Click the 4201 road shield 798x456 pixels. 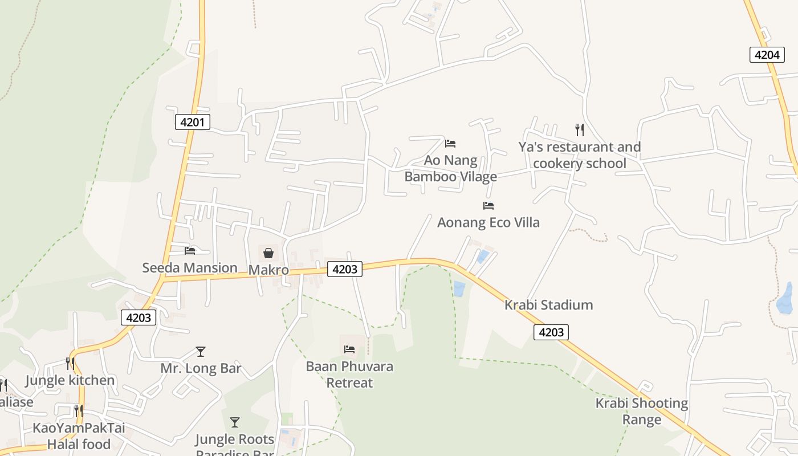192,122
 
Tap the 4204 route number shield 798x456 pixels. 766,55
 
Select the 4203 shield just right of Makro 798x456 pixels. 345,269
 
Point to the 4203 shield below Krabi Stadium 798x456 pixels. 551,332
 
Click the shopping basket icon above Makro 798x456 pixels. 268,253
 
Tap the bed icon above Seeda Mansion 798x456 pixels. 190,250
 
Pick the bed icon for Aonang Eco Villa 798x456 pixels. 488,205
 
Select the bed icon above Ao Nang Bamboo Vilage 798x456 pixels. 450,143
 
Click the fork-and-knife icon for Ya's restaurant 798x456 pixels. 580,130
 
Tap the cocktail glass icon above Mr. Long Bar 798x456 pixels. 201,351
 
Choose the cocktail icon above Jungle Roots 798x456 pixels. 234,422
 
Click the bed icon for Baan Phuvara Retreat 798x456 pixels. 349,349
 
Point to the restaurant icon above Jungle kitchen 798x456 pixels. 70,363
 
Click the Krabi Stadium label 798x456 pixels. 548,305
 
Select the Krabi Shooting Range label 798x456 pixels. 642,412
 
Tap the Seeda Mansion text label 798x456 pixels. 190,267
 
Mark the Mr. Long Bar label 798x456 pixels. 201,368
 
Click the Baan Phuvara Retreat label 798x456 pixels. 349,374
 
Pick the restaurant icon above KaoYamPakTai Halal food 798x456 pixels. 78,410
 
